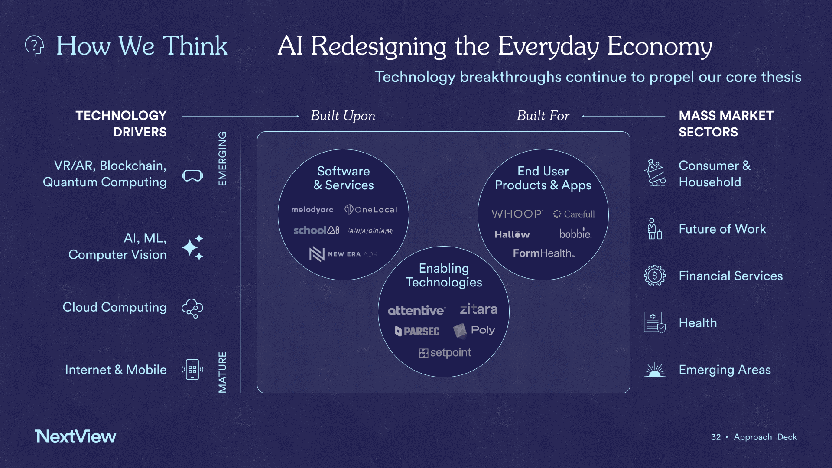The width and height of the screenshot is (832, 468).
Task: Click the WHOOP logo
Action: [x=517, y=214]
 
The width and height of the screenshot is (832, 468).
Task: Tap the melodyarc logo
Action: [x=312, y=210]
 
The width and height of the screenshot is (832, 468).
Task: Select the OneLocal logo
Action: [x=371, y=210]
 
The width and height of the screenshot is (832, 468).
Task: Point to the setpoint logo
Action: [x=445, y=353]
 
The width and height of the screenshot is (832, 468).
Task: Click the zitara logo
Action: [x=478, y=309]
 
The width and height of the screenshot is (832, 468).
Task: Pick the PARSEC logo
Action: [x=417, y=331]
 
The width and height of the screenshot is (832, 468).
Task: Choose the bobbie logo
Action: [x=575, y=234]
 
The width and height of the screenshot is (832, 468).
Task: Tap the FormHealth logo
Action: [x=544, y=253]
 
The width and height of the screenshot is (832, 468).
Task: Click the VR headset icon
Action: [x=192, y=175]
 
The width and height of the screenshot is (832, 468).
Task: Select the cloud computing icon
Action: [x=192, y=308]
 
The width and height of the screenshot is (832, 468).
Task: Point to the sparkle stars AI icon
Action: [x=192, y=247]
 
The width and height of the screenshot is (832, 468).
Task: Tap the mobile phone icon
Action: [x=192, y=370]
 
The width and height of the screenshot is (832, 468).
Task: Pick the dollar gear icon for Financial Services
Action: [x=655, y=276]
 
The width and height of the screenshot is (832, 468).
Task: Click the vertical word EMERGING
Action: [x=222, y=159]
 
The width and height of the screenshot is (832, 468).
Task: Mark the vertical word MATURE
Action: [x=222, y=372]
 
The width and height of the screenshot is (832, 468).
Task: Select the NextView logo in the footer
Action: [x=75, y=436]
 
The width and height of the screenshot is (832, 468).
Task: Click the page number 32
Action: [x=716, y=437]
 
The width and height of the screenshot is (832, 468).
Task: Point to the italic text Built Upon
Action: [x=343, y=116]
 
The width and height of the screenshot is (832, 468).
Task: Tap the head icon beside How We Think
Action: [x=35, y=45]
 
